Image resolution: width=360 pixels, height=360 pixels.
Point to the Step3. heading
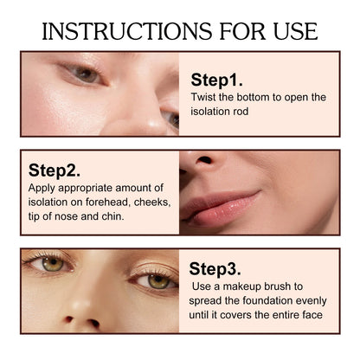click(x=217, y=269)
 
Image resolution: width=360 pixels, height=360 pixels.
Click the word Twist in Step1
click(x=205, y=97)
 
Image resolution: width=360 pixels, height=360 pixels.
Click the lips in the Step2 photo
click(x=221, y=207)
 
